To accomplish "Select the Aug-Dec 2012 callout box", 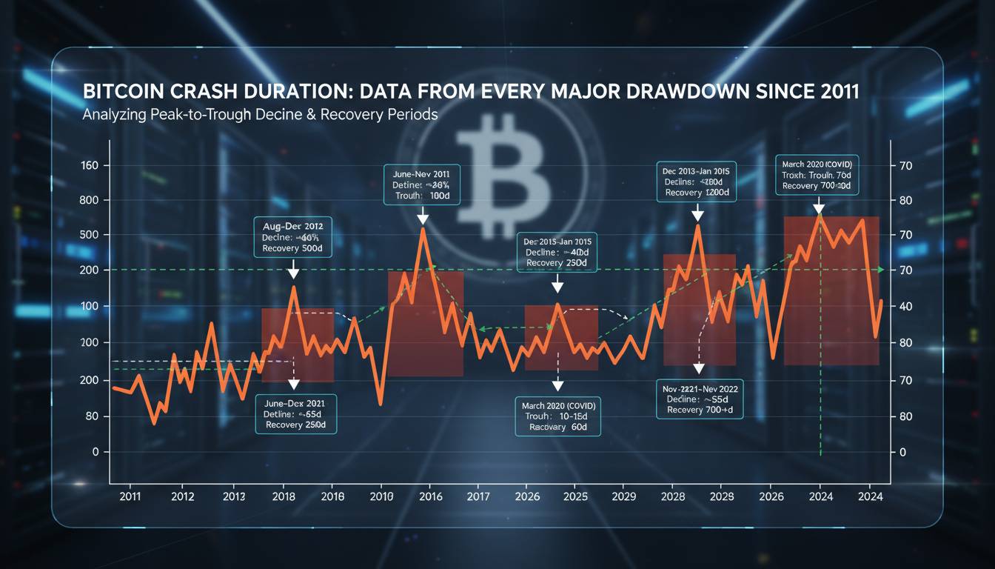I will [x=292, y=236].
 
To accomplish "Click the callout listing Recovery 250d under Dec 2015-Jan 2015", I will [x=557, y=252].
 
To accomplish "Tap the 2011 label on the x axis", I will [x=130, y=496].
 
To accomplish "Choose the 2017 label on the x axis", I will [x=478, y=496].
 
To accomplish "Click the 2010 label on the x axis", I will [x=381, y=496].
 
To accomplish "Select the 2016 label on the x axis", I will [x=430, y=496].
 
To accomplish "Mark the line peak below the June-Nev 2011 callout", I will [x=423, y=229].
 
